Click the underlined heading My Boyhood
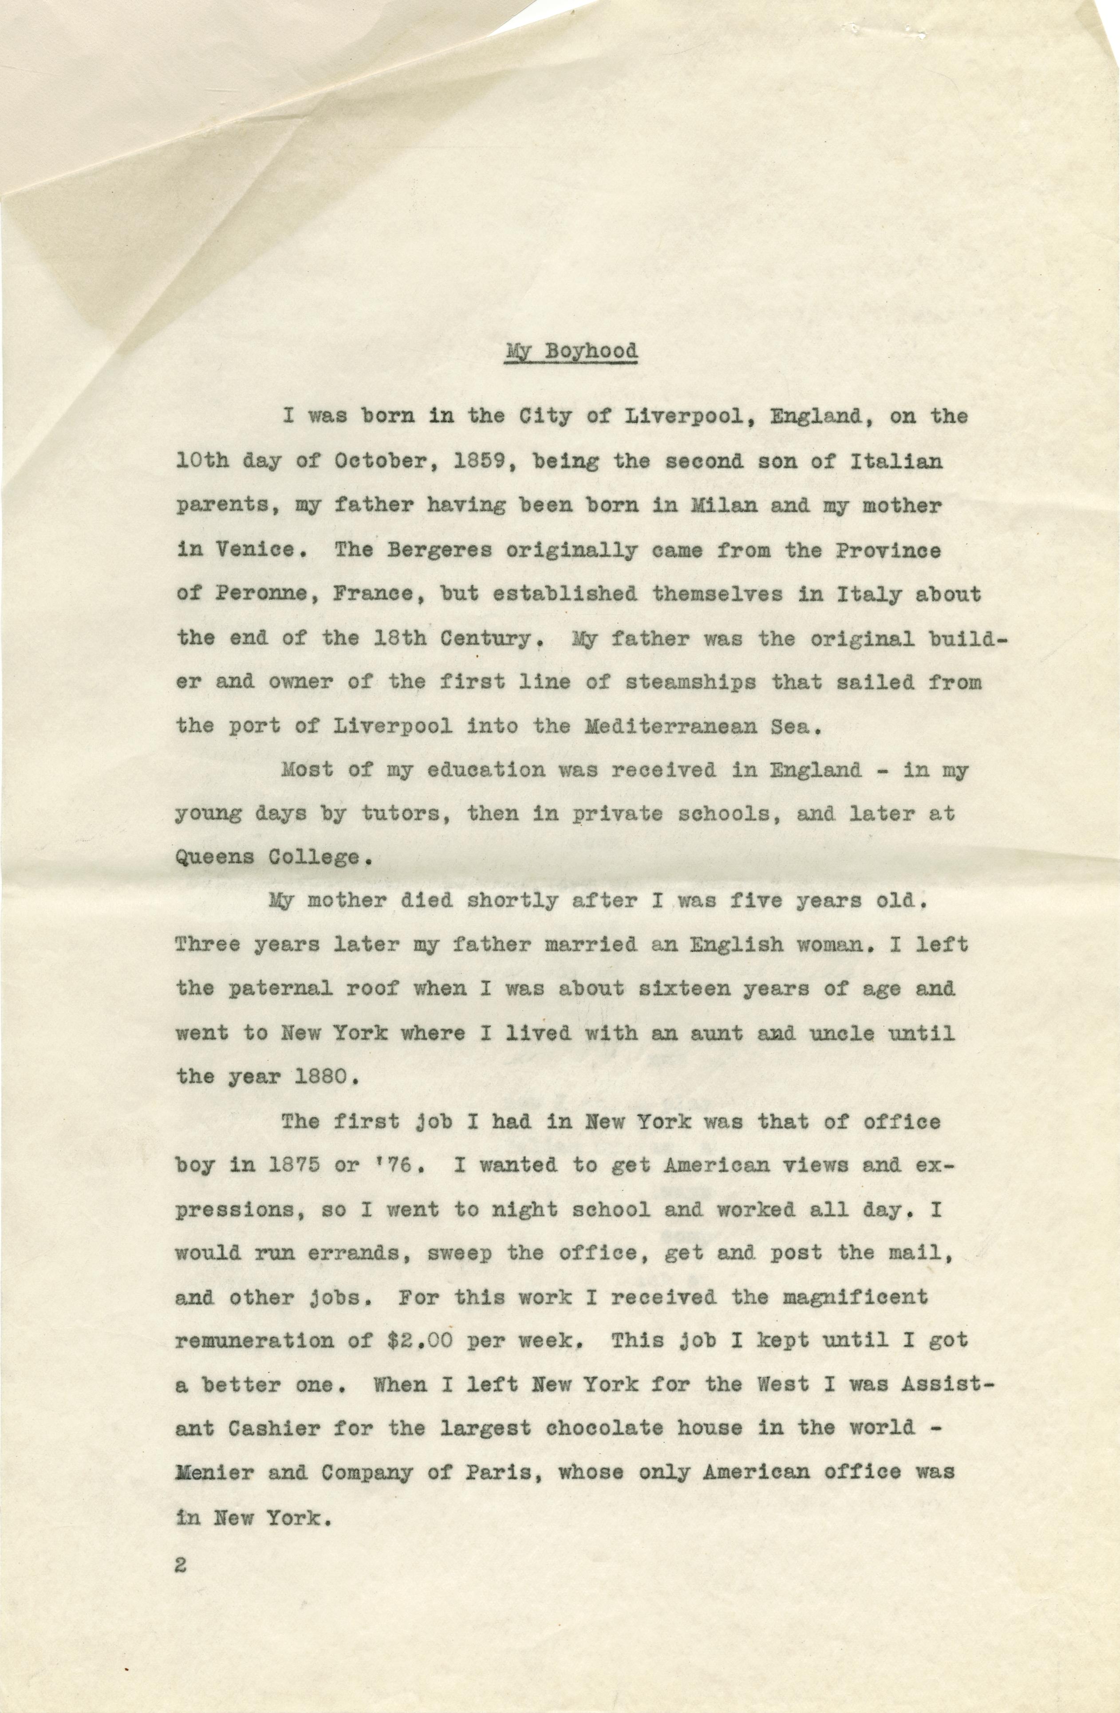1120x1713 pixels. (x=572, y=352)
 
